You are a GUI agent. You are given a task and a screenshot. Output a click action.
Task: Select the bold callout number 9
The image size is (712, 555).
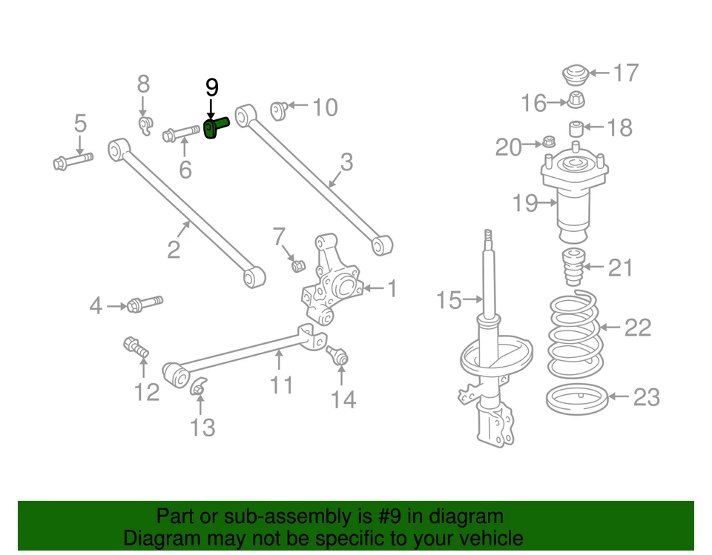click(212, 88)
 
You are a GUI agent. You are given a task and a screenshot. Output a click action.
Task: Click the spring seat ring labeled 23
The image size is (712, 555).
click(577, 399)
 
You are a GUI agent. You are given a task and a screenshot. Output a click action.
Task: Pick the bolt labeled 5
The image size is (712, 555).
click(72, 160)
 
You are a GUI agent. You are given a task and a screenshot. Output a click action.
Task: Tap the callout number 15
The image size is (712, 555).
click(449, 300)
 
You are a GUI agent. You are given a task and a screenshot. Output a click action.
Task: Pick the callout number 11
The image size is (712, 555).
click(281, 385)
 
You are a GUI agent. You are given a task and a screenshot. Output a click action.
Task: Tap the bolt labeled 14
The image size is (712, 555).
click(337, 356)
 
